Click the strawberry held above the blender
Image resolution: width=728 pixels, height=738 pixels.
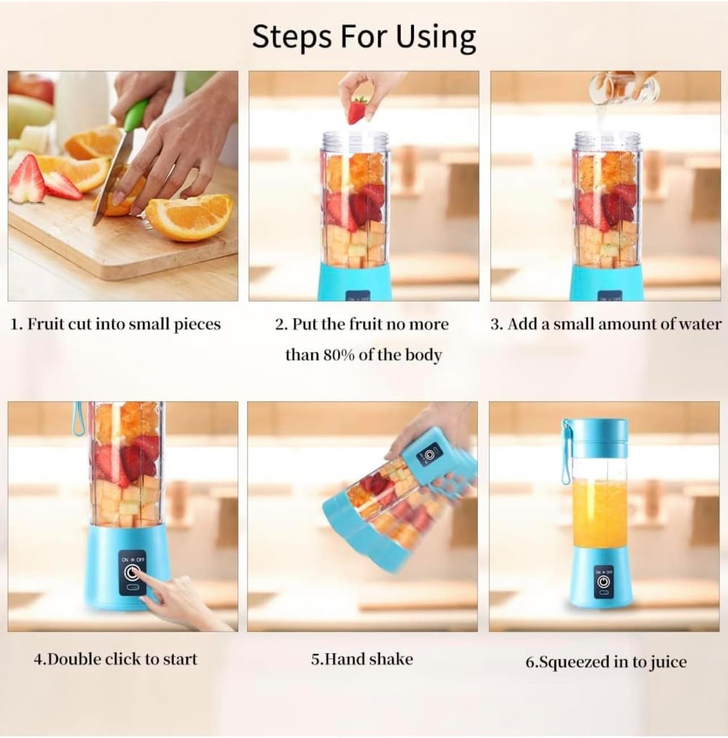pos(357,110)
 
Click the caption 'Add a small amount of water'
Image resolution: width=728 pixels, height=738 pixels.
pos(606,324)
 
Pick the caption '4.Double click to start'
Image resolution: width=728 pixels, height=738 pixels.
pos(116,659)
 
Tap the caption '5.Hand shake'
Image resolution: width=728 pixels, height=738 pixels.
pos(362,659)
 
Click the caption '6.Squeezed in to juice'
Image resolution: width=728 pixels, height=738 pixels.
pos(606,661)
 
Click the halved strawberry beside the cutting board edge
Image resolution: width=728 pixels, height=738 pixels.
pos(27,178)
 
